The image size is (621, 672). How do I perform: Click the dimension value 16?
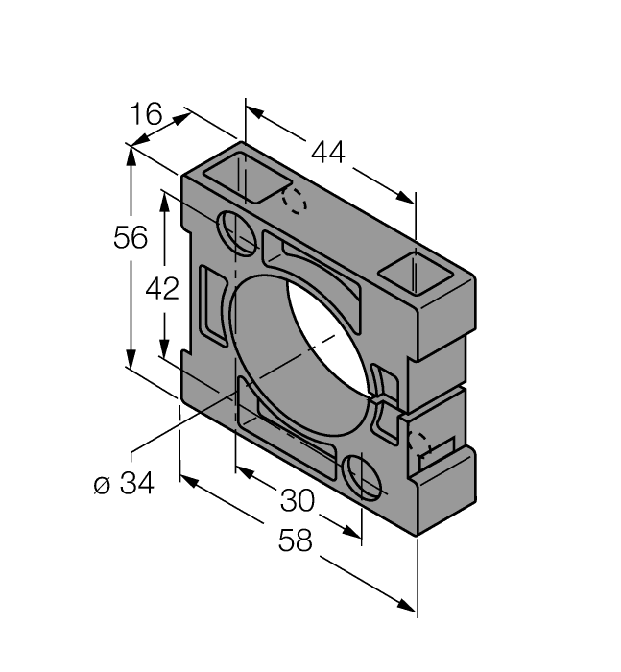147,116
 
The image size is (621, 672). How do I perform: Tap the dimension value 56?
131,237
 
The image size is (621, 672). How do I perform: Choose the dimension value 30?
298,499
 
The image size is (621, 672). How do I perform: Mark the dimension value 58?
296,541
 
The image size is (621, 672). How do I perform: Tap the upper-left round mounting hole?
237,232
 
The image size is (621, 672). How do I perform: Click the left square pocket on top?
251,177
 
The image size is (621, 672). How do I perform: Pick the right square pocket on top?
414,273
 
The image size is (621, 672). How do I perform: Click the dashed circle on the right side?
419,444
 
